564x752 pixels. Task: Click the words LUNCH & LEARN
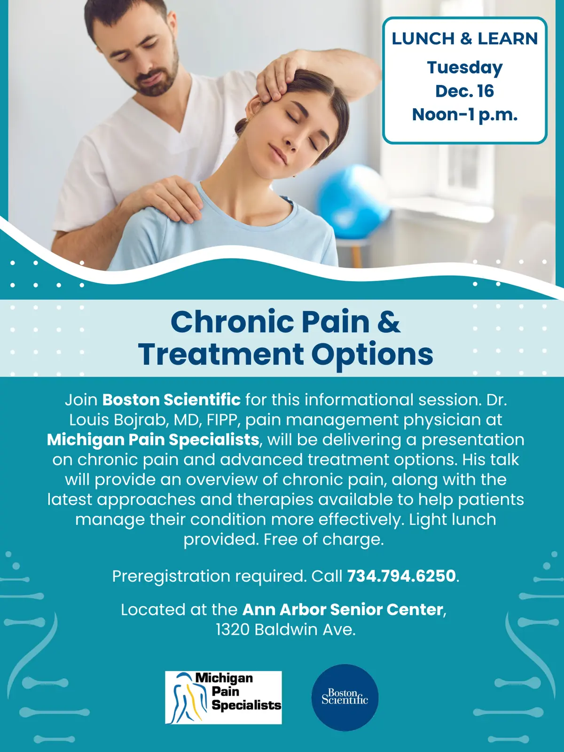point(464,39)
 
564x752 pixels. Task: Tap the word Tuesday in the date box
point(464,68)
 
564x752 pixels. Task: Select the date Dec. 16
point(464,91)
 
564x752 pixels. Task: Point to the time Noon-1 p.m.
point(464,115)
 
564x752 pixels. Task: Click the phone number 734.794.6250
point(401,576)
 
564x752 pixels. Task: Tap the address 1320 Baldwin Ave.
point(285,629)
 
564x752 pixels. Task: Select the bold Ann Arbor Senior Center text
point(343,610)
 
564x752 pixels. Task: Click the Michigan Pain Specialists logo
point(223,697)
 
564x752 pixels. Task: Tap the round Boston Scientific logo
point(345,697)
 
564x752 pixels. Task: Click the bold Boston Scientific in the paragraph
point(171,400)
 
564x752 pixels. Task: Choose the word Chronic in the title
point(232,322)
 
